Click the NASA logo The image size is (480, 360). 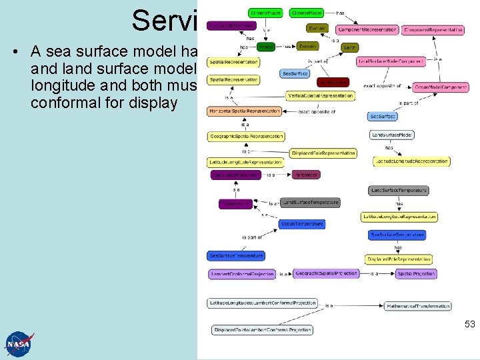19,343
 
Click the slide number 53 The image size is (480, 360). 469,324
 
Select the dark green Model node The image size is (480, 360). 265,47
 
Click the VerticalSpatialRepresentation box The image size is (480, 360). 320,95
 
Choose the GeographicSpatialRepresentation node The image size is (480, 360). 246,137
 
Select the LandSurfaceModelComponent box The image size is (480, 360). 391,61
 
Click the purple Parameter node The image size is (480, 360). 305,175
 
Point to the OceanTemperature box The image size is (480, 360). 302,224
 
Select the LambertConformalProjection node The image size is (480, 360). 242,274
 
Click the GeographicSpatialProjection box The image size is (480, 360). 326,273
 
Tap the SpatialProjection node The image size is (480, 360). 416,273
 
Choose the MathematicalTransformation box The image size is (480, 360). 418,306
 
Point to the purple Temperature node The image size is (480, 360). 235,204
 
